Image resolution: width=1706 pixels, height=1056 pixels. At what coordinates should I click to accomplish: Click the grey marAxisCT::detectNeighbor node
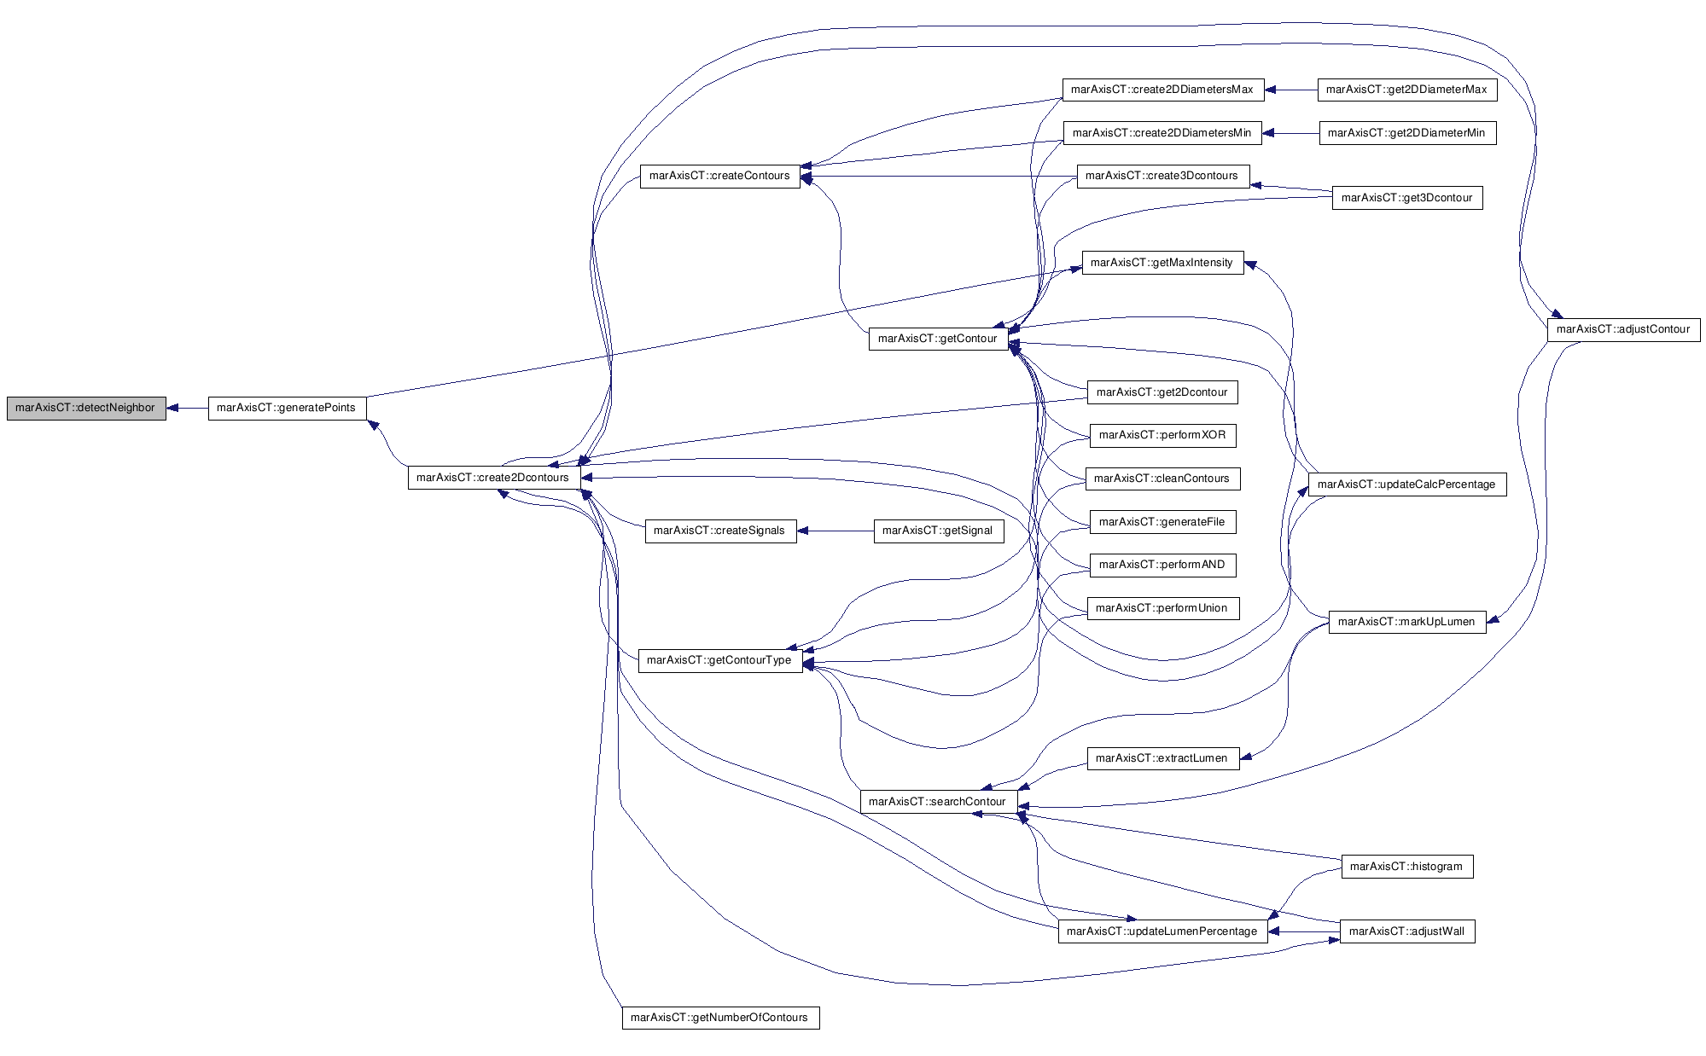click(86, 408)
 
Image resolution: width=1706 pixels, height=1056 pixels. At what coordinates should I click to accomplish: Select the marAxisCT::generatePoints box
click(287, 408)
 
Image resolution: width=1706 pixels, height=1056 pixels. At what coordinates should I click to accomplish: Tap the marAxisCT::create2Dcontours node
click(494, 478)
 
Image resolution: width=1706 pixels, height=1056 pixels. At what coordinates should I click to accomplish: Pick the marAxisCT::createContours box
click(720, 176)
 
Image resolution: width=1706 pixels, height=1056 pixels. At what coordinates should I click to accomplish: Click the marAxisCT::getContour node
click(938, 339)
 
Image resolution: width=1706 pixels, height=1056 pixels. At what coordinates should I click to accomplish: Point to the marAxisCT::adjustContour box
click(1623, 329)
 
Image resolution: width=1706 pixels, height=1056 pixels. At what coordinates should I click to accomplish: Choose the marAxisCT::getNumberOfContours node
click(720, 1018)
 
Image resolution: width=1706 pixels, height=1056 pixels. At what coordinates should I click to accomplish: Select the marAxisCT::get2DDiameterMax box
click(1407, 90)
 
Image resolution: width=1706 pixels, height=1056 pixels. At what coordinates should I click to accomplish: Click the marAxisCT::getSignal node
click(938, 531)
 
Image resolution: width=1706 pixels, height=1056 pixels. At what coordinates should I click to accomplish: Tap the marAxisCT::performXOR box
click(1162, 435)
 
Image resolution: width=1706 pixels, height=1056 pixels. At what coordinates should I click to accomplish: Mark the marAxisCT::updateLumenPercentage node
click(1162, 931)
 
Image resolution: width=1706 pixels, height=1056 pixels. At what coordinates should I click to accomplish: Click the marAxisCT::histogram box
click(1406, 867)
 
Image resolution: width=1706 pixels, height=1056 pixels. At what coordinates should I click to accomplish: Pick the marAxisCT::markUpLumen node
click(1406, 622)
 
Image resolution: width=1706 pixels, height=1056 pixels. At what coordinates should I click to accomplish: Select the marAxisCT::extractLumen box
click(1162, 758)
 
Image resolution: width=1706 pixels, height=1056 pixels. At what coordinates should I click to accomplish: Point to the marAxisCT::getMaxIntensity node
click(1162, 263)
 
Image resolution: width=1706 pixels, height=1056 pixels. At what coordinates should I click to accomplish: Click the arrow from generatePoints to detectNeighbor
click(188, 408)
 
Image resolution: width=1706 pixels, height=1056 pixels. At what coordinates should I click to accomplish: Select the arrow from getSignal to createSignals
click(836, 531)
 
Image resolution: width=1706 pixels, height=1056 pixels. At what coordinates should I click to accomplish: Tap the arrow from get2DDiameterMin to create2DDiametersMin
click(1290, 133)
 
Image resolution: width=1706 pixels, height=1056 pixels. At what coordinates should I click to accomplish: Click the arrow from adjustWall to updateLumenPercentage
click(1303, 931)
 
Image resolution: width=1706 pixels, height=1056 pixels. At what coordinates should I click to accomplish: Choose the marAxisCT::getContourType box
click(720, 660)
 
